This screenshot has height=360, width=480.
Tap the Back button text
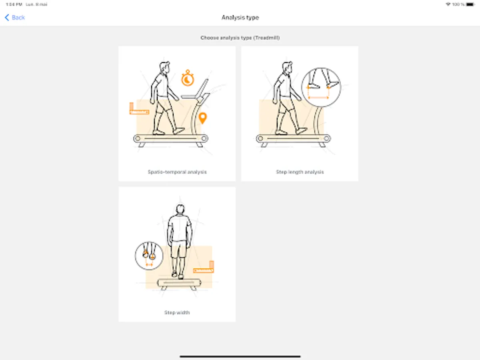click(18, 18)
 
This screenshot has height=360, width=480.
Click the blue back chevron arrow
click(7, 18)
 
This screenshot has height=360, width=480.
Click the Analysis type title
click(240, 18)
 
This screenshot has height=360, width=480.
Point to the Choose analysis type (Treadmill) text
click(240, 38)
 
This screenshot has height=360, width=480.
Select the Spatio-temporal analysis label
click(177, 172)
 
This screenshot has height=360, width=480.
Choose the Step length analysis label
click(300, 172)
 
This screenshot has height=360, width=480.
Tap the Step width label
click(177, 312)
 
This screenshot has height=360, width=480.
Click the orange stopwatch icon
click(188, 78)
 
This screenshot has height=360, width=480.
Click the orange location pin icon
click(203, 118)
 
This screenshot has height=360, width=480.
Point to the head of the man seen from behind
click(180, 209)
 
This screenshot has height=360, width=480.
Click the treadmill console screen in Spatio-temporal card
click(202, 88)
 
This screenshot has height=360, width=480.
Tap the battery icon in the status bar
click(470, 4)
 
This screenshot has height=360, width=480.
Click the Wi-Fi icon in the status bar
click(448, 4)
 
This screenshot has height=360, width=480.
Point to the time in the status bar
click(14, 4)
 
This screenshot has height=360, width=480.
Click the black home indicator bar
click(240, 356)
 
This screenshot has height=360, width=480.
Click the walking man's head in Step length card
click(287, 68)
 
